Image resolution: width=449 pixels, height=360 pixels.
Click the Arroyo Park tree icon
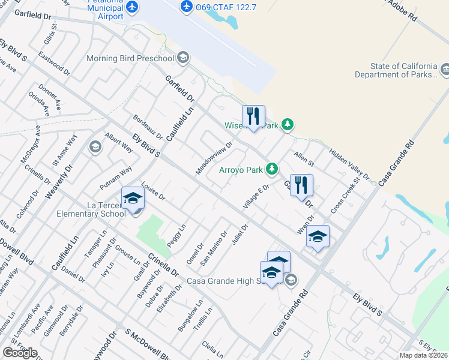pos(273,169)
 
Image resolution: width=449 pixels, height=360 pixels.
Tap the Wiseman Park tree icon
pos(289,125)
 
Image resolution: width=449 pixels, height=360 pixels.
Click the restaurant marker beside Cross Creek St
pos(302,185)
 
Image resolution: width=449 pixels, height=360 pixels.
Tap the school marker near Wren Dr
pos(317,237)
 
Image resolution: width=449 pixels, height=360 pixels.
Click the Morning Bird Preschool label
pos(130,58)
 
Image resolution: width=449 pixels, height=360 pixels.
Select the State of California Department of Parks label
pos(395,70)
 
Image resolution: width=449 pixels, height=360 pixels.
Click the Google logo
pos(20,352)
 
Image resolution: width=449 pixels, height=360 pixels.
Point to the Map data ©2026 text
pos(424,355)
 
